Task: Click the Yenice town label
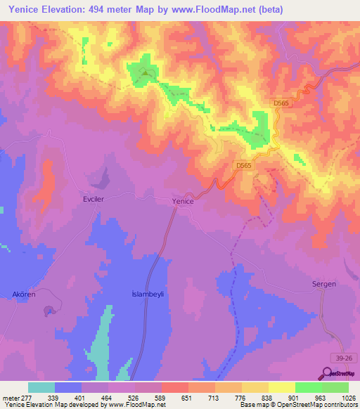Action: click(x=183, y=201)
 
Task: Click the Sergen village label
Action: click(x=324, y=284)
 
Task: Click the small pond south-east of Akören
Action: click(x=49, y=311)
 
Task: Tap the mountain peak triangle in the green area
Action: click(x=146, y=72)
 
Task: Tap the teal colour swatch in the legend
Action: click(x=41, y=387)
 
